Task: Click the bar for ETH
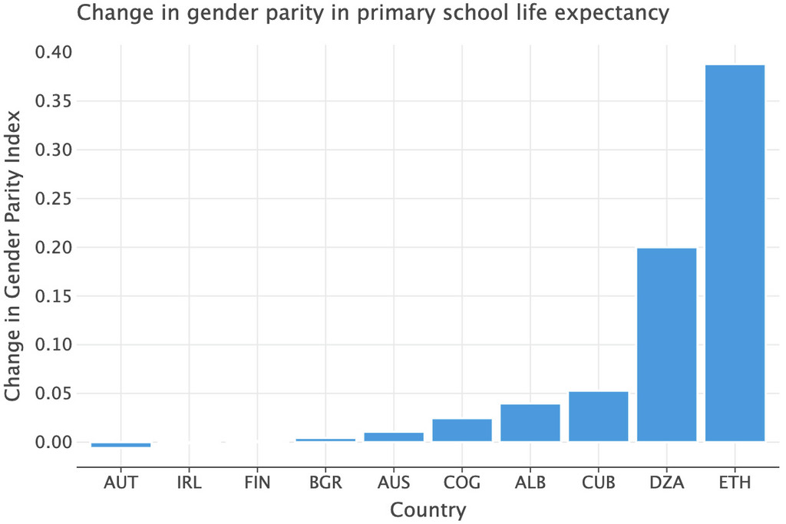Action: pos(735,253)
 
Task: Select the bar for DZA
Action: pos(666,344)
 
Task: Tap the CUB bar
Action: pos(598,417)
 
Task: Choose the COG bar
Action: pos(462,430)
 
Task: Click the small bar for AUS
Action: pos(394,437)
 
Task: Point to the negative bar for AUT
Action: pos(121,444)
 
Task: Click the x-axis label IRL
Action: pos(189,483)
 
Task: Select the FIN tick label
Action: pos(257,483)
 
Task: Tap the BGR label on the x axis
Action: pos(325,483)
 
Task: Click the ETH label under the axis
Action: pos(735,483)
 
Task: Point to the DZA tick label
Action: pos(666,483)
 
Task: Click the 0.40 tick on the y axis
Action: pos(53,52)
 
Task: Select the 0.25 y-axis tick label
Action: pos(53,199)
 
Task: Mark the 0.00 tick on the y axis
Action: pos(53,443)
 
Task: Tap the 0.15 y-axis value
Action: pos(53,296)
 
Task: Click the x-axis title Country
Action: pos(428,509)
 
